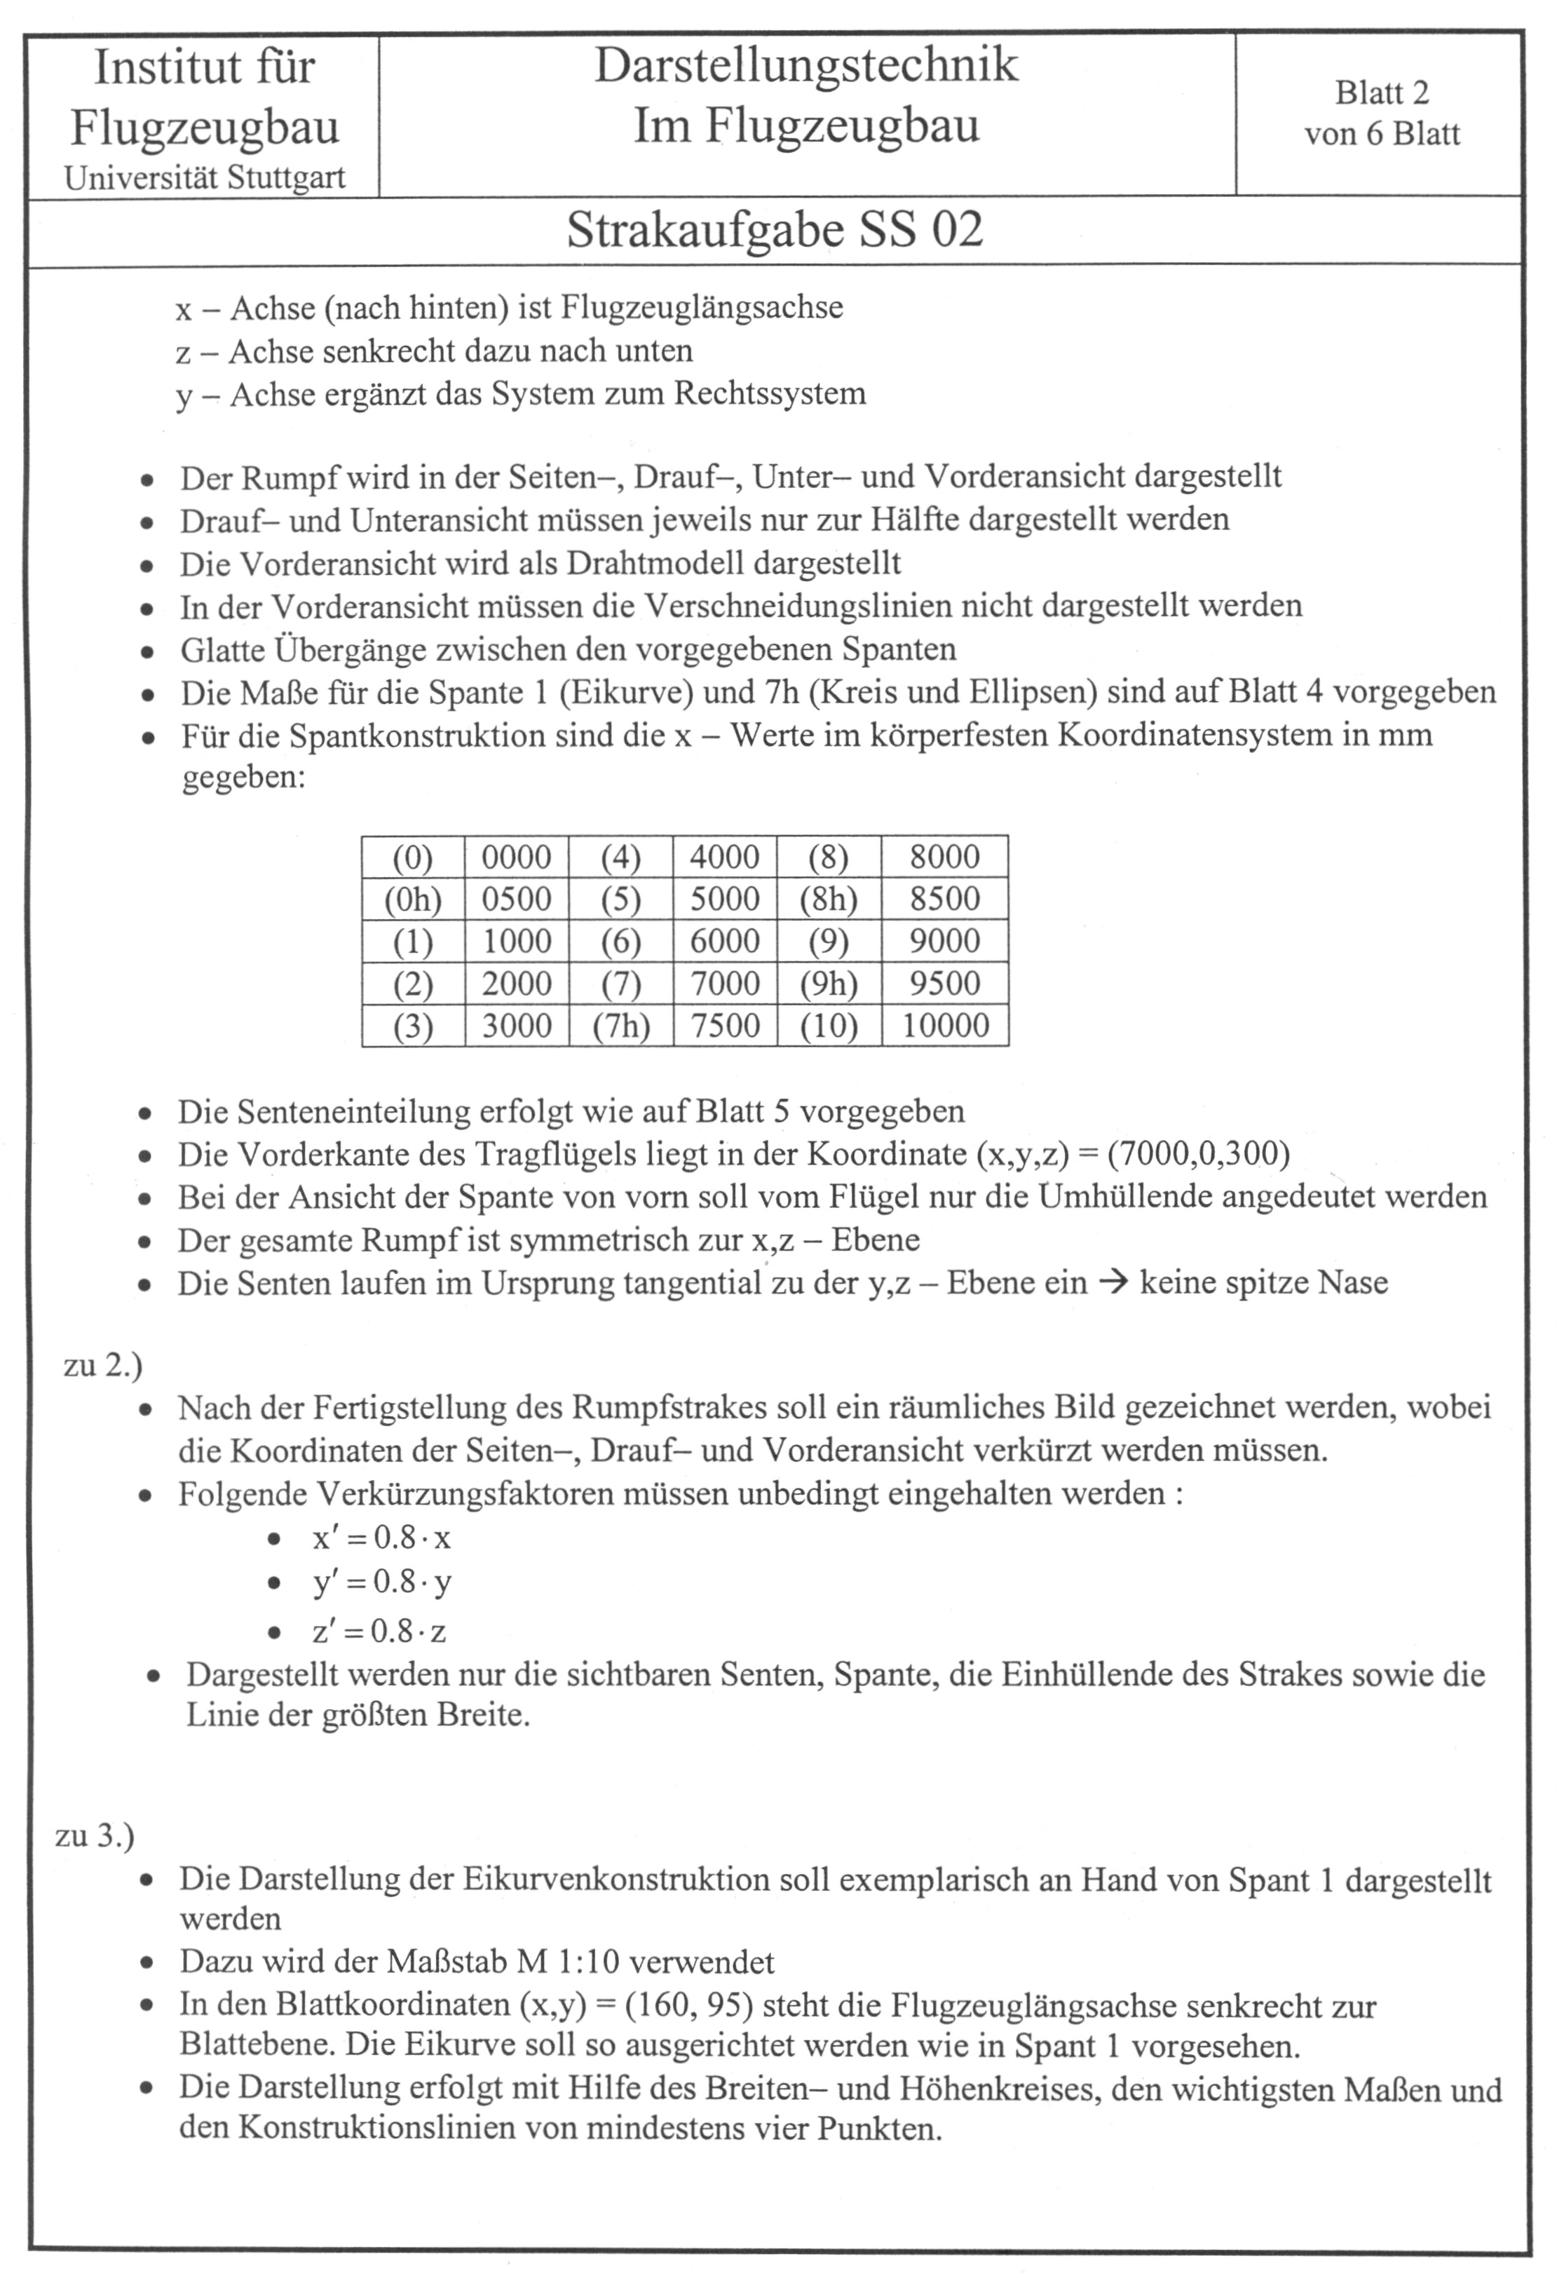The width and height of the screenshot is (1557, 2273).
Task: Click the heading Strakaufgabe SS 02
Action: click(775, 231)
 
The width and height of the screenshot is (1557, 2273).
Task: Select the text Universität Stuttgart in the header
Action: click(205, 178)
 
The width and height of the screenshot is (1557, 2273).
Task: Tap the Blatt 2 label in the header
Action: click(1382, 93)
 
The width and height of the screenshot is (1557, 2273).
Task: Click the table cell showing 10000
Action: click(945, 1026)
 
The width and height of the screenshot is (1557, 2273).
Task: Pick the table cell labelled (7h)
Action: click(621, 1026)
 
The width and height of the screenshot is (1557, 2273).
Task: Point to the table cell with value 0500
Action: click(517, 899)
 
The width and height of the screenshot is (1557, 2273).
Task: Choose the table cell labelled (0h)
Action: click(413, 899)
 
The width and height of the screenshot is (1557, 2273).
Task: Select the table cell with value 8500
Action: click(945, 899)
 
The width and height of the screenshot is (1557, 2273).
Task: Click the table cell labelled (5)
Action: click(621, 899)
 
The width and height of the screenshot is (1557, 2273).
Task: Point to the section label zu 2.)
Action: click(102, 1364)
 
